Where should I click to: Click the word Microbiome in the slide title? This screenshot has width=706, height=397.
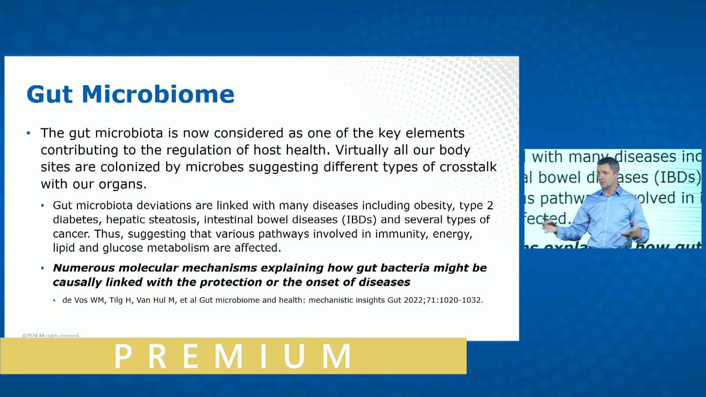pyautogui.click(x=158, y=94)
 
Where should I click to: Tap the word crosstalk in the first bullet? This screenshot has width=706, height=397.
pyautogui.click(x=468, y=167)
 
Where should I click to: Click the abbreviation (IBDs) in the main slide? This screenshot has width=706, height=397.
pyautogui.click(x=359, y=219)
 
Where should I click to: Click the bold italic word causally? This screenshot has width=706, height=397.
pyautogui.click(x=77, y=282)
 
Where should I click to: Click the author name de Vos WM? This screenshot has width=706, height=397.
pyautogui.click(x=84, y=300)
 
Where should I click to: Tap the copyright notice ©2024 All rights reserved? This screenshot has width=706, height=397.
pyautogui.click(x=51, y=336)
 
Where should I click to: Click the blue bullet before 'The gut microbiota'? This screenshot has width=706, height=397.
pyautogui.click(x=29, y=133)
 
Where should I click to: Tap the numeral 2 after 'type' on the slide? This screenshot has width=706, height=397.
pyautogui.click(x=490, y=205)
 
